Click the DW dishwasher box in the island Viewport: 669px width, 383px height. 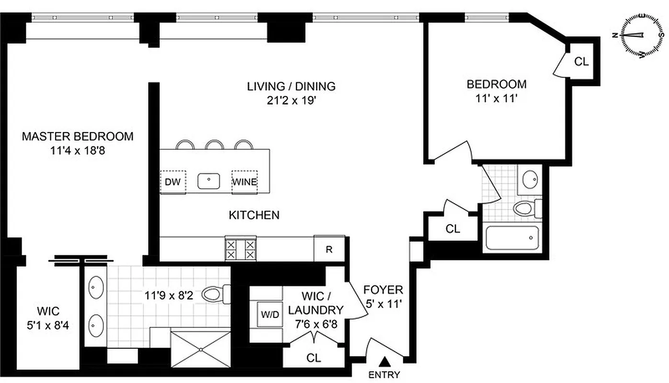pyautogui.click(x=173, y=182)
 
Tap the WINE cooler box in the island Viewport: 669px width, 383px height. pyautogui.click(x=244, y=182)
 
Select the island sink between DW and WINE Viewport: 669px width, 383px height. pyautogui.click(x=209, y=181)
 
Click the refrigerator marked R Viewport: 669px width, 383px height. pyautogui.click(x=329, y=249)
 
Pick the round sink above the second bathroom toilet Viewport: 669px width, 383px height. pyautogui.click(x=530, y=180)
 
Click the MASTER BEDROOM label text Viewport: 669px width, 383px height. pyautogui.click(x=78, y=136)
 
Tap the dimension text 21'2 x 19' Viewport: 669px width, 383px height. pyautogui.click(x=291, y=102)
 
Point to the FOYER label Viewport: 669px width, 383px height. pyautogui.click(x=383, y=290)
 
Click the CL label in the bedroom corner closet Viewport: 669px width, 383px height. pyautogui.click(x=581, y=62)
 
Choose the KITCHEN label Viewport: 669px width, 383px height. pyautogui.click(x=254, y=215)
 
